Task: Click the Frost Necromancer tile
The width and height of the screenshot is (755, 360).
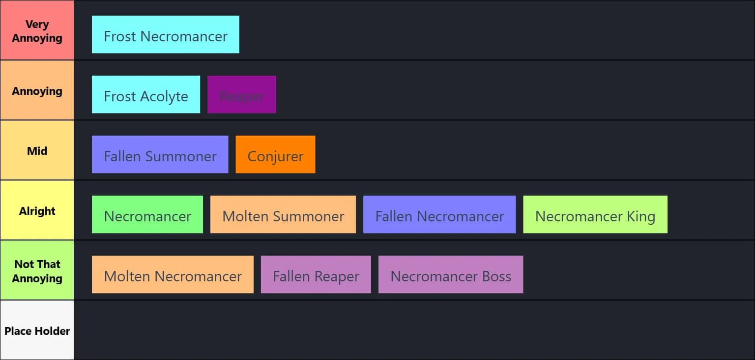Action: (x=165, y=34)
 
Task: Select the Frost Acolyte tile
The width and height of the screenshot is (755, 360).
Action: (x=145, y=94)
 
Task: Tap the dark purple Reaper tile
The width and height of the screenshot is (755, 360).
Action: (x=241, y=94)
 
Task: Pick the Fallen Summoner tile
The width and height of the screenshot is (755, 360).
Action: (x=160, y=154)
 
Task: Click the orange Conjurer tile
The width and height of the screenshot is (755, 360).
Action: (x=275, y=154)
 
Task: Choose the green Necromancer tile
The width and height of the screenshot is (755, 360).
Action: (x=147, y=214)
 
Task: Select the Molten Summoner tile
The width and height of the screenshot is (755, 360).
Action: (x=283, y=214)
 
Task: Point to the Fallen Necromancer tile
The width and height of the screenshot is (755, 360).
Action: (x=439, y=214)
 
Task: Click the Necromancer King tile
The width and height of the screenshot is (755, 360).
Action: (x=595, y=214)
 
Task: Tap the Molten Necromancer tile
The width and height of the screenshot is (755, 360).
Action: (x=173, y=274)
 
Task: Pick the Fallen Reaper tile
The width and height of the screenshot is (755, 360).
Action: (x=316, y=274)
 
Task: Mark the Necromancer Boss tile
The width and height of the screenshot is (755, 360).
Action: (x=450, y=274)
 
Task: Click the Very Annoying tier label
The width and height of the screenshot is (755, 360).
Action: (x=37, y=30)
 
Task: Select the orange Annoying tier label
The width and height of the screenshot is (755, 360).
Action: (x=37, y=90)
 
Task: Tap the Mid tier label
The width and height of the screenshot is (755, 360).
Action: (x=37, y=150)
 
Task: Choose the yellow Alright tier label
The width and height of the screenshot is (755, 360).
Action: (x=37, y=210)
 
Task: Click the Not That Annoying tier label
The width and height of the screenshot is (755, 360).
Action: (x=37, y=270)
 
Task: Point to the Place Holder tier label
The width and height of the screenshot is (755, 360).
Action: (x=37, y=330)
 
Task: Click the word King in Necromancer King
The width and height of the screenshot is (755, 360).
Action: (x=640, y=216)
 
